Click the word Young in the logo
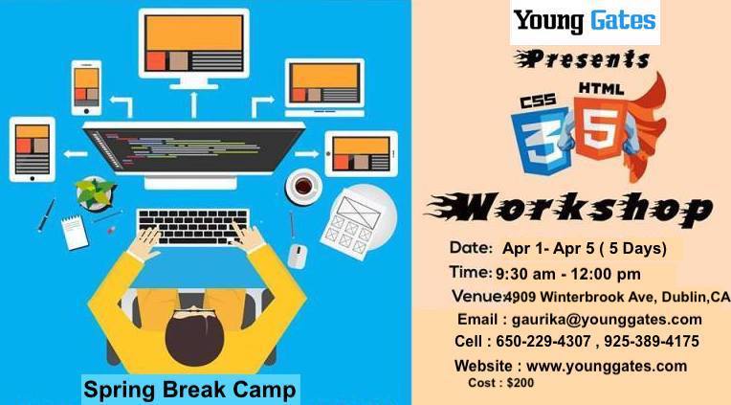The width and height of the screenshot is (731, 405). (548, 22)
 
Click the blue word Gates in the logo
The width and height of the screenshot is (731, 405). (623, 20)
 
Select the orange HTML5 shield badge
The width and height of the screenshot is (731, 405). (600, 127)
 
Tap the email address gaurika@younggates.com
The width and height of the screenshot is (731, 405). (607, 320)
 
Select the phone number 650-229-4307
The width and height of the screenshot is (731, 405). (543, 341)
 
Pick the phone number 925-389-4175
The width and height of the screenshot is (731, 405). (652, 341)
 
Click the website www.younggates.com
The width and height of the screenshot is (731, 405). (606, 367)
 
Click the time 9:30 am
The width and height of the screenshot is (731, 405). (525, 275)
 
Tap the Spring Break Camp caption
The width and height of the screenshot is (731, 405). (189, 390)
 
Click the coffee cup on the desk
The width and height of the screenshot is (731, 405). (303, 186)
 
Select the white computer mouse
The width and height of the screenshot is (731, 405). (298, 257)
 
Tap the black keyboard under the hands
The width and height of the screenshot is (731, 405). (193, 227)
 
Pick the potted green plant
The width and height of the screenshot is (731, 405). (95, 192)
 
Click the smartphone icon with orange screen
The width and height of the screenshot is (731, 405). (86, 88)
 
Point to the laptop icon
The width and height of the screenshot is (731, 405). (324, 88)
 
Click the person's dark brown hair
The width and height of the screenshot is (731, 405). (194, 336)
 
